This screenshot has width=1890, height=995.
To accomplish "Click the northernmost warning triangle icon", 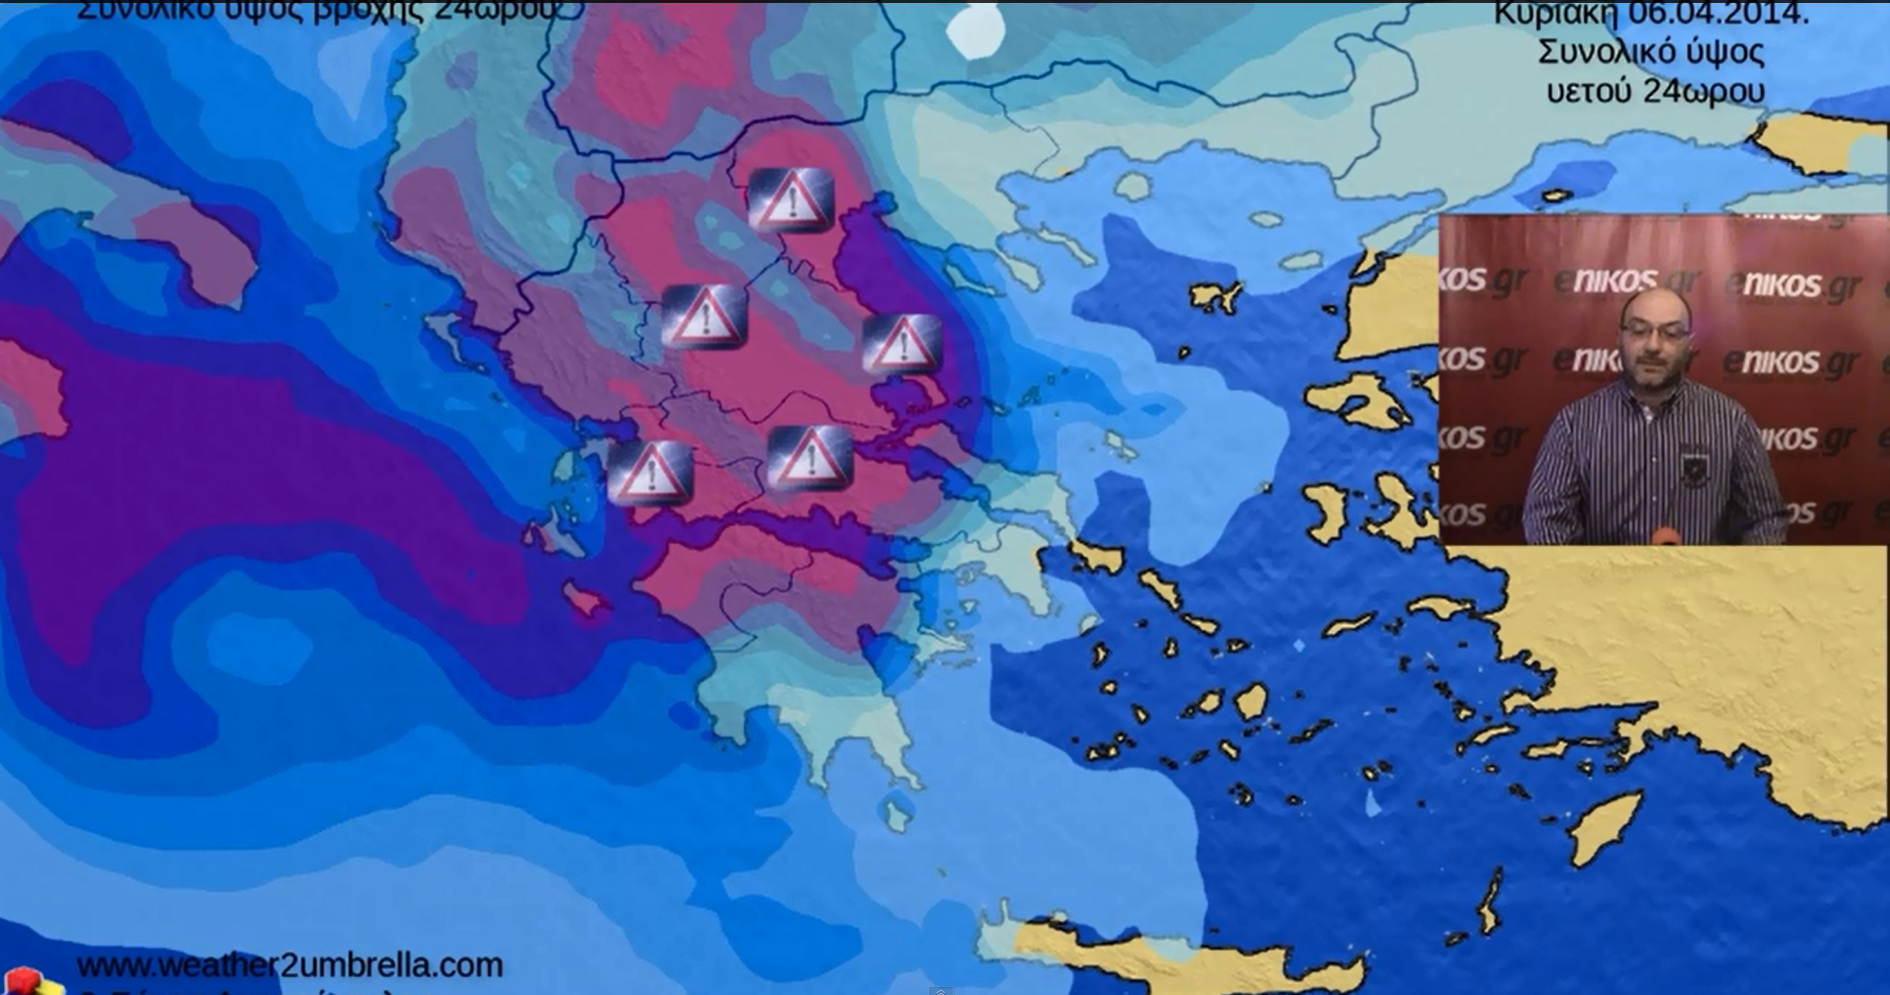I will [x=791, y=200].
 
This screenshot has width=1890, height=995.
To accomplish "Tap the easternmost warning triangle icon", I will [x=902, y=344].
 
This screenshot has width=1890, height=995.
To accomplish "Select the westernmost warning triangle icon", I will [x=650, y=474].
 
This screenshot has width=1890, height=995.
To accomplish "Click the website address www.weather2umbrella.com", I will [x=289, y=964].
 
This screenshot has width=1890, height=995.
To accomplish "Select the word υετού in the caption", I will [x=1591, y=92].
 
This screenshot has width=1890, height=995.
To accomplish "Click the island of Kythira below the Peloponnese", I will [x=896, y=815].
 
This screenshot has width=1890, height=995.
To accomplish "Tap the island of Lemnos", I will [x=1216, y=295].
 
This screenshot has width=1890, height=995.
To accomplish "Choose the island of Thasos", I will [x=1133, y=186].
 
